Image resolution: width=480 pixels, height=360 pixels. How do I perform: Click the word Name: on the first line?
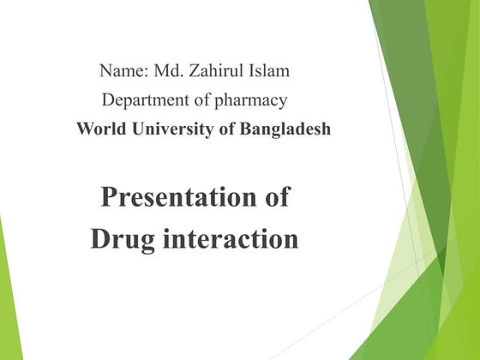(x=124, y=70)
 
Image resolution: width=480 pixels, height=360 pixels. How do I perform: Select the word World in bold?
(x=98, y=129)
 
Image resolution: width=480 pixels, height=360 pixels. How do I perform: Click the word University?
(x=168, y=130)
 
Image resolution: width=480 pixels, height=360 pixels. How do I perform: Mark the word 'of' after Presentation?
(x=274, y=197)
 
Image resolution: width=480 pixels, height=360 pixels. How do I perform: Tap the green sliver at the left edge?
(x=6, y=291)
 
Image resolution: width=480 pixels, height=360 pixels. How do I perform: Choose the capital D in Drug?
(x=99, y=239)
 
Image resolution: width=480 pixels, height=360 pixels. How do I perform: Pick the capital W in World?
(x=84, y=129)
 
